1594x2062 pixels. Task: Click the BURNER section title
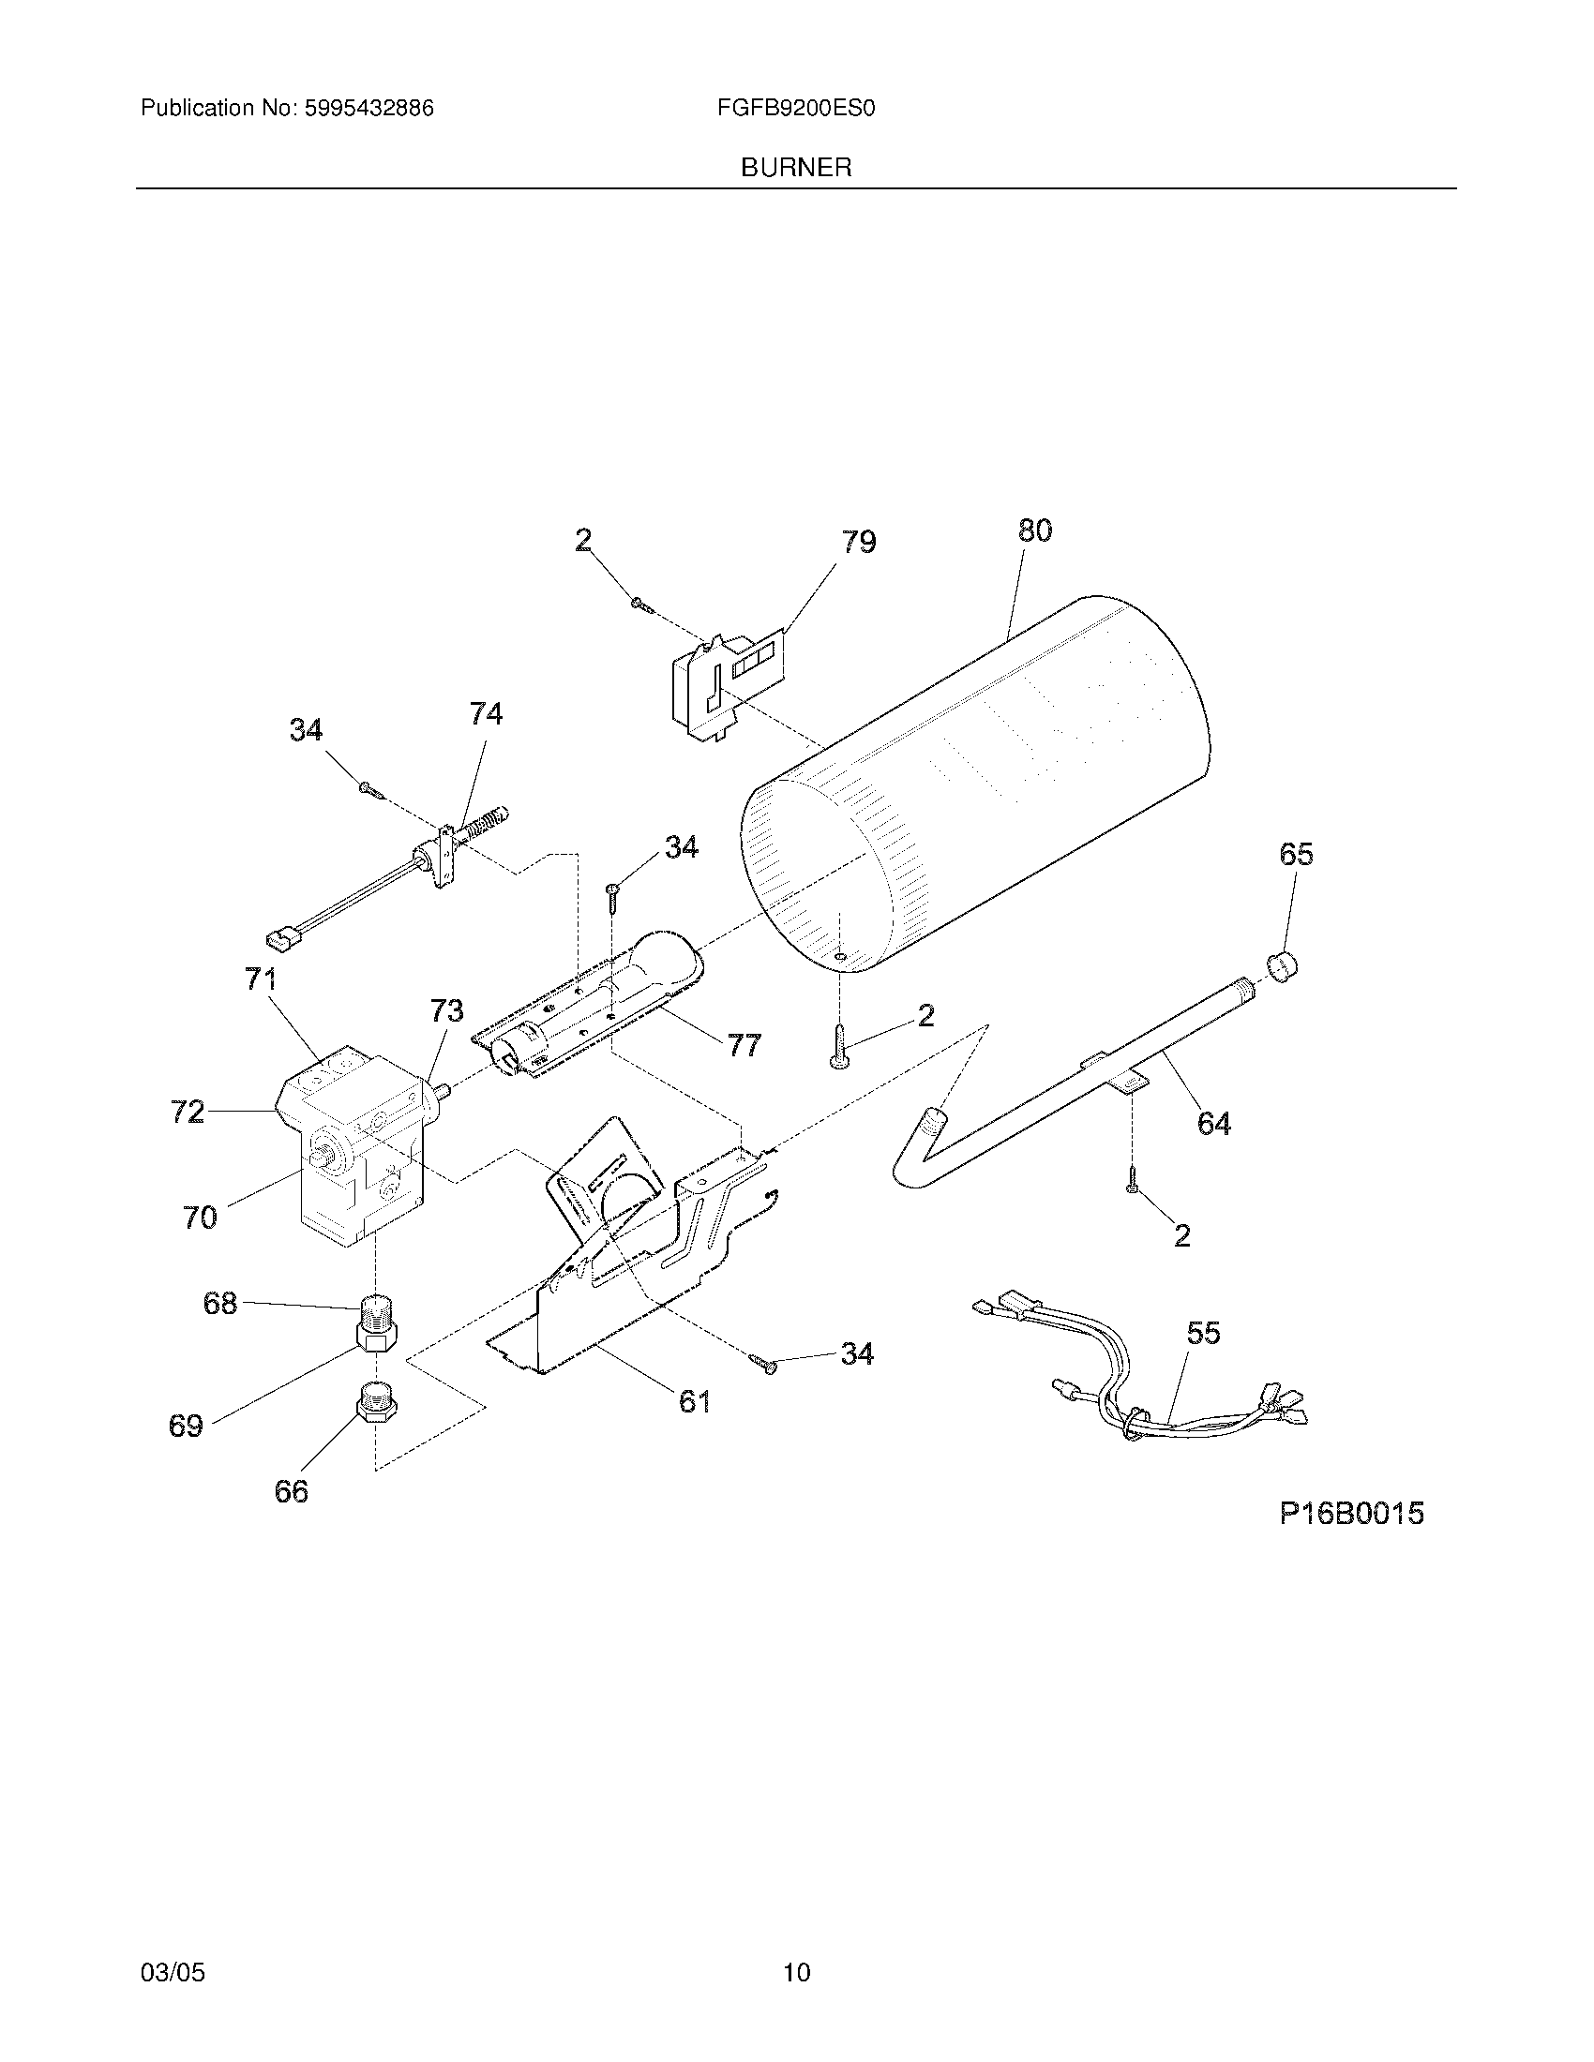click(795, 168)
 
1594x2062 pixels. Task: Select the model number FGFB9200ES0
click(795, 109)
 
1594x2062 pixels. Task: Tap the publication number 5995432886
click(368, 109)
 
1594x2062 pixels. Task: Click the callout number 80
click(1034, 530)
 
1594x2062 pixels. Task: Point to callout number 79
click(858, 542)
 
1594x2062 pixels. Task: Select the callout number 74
click(486, 714)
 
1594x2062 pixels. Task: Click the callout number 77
click(744, 1045)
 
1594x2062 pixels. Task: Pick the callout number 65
click(1296, 854)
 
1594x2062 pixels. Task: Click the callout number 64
click(1213, 1124)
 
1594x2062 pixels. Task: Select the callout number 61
click(694, 1401)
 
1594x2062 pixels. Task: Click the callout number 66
click(291, 1491)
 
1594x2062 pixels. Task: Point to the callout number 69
click(186, 1425)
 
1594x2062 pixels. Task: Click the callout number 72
click(187, 1113)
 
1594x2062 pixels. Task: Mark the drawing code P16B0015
click(1350, 1514)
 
